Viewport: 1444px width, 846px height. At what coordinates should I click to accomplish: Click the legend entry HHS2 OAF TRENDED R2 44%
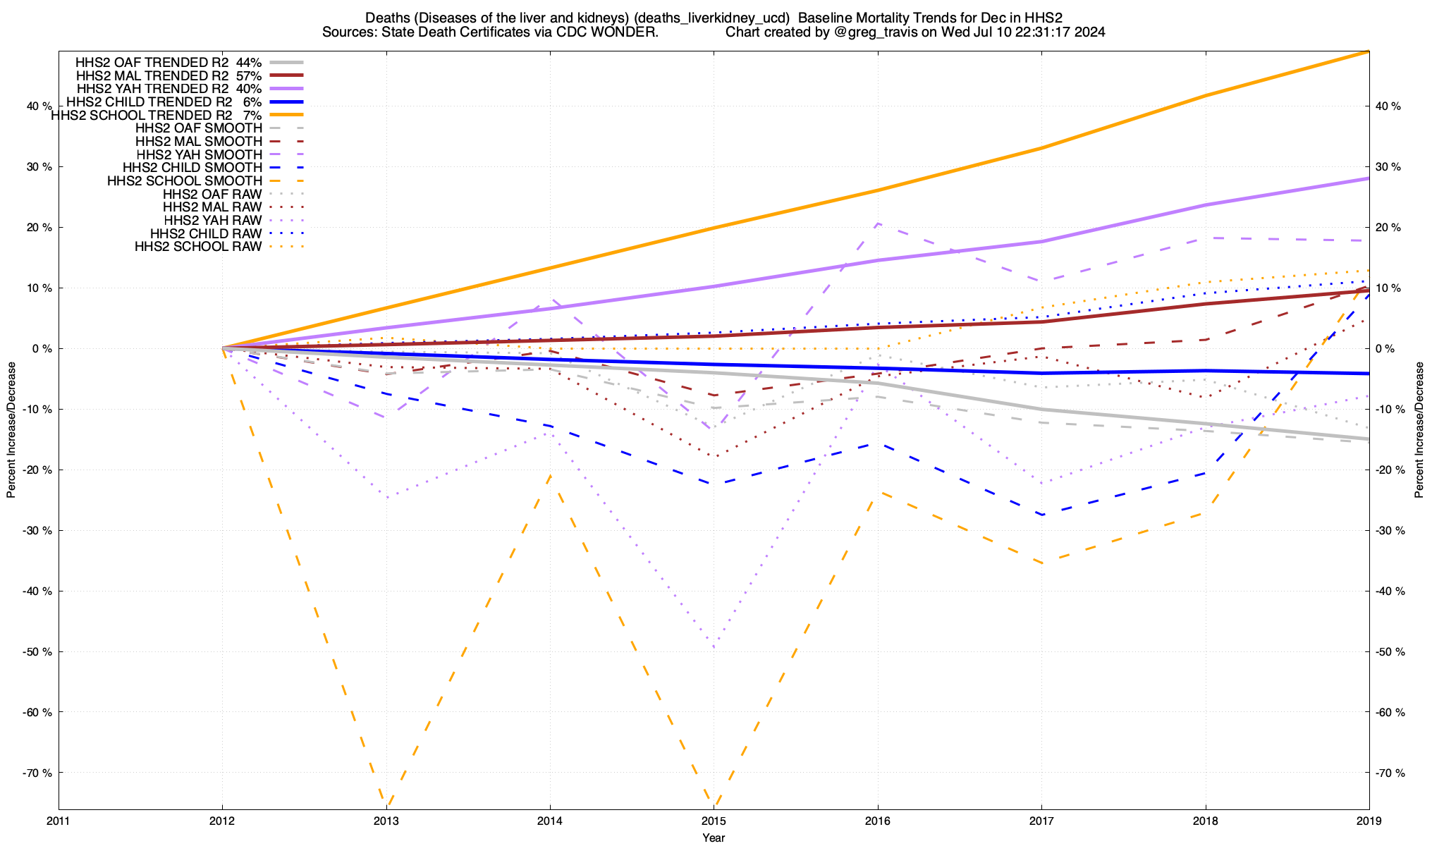click(x=169, y=62)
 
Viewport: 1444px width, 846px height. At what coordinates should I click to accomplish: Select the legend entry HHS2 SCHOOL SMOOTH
click(x=185, y=181)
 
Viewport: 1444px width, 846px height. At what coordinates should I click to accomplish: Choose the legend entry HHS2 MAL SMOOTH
click(x=199, y=142)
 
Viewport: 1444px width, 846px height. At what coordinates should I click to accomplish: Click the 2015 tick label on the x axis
click(x=714, y=821)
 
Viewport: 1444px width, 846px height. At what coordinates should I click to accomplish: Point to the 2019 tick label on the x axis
click(x=1369, y=821)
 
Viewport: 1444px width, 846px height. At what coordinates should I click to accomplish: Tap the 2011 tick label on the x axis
click(x=59, y=821)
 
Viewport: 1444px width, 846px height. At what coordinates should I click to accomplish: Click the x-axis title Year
click(x=714, y=838)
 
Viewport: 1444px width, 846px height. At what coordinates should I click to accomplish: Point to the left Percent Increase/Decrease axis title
click(x=11, y=430)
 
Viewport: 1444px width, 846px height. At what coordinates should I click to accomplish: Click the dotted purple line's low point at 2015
click(x=714, y=647)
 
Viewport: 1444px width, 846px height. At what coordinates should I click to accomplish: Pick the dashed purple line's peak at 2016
click(x=877, y=223)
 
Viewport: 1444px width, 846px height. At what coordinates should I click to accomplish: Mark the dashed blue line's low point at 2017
click(x=1041, y=515)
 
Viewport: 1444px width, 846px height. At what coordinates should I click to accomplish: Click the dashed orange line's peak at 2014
click(x=550, y=475)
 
